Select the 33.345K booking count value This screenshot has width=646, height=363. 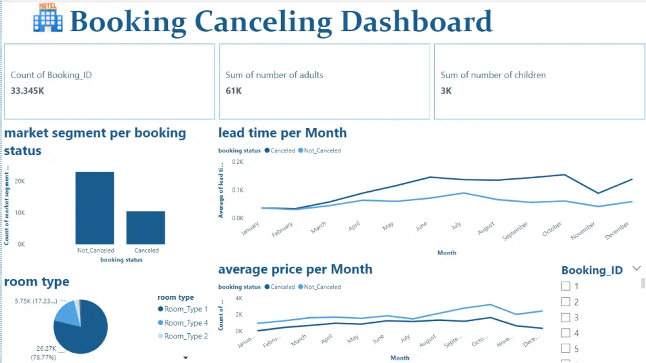click(28, 91)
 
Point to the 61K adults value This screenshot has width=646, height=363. click(233, 91)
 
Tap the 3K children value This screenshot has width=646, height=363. click(446, 91)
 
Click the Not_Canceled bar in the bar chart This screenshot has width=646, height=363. click(95, 207)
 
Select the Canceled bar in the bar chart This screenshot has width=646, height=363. click(145, 227)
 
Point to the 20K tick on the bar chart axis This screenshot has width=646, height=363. click(20, 181)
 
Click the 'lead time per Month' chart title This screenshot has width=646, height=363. click(282, 133)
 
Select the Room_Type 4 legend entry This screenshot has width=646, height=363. click(185, 322)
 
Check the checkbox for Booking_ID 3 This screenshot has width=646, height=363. click(566, 318)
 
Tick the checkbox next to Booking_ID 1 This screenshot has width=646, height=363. click(566, 286)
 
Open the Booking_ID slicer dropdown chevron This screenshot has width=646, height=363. click(636, 269)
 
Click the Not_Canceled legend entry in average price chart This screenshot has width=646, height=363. click(322, 287)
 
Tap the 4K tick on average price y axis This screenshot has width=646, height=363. click(238, 298)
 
